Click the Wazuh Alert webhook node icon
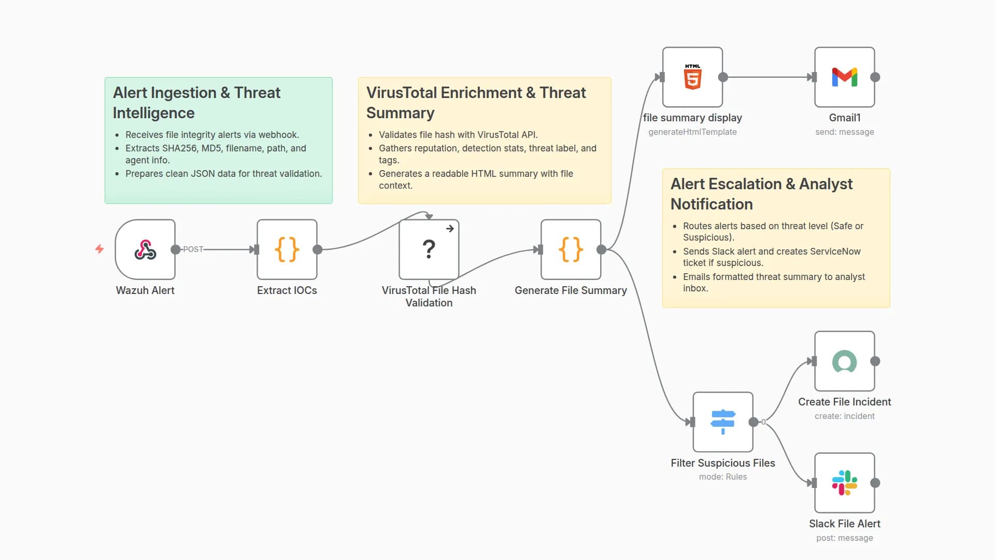[145, 249]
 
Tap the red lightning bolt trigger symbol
[99, 249]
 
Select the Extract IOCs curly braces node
[287, 249]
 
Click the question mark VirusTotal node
[429, 249]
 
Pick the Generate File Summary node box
[571, 249]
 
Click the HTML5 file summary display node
[692, 77]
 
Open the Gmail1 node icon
[844, 77]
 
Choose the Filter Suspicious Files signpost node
[723, 422]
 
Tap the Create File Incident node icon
[844, 361]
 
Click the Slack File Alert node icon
[844, 483]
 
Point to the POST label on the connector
[193, 249]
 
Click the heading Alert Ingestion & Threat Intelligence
[196, 103]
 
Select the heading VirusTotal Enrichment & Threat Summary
[476, 103]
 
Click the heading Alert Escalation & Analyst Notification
[761, 194]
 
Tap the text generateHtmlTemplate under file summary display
[692, 132]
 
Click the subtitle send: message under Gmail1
[844, 132]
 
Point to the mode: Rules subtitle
[723, 477]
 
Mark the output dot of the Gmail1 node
[875, 77]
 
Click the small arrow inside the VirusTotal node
[450, 229]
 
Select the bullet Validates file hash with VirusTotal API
[458, 135]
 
